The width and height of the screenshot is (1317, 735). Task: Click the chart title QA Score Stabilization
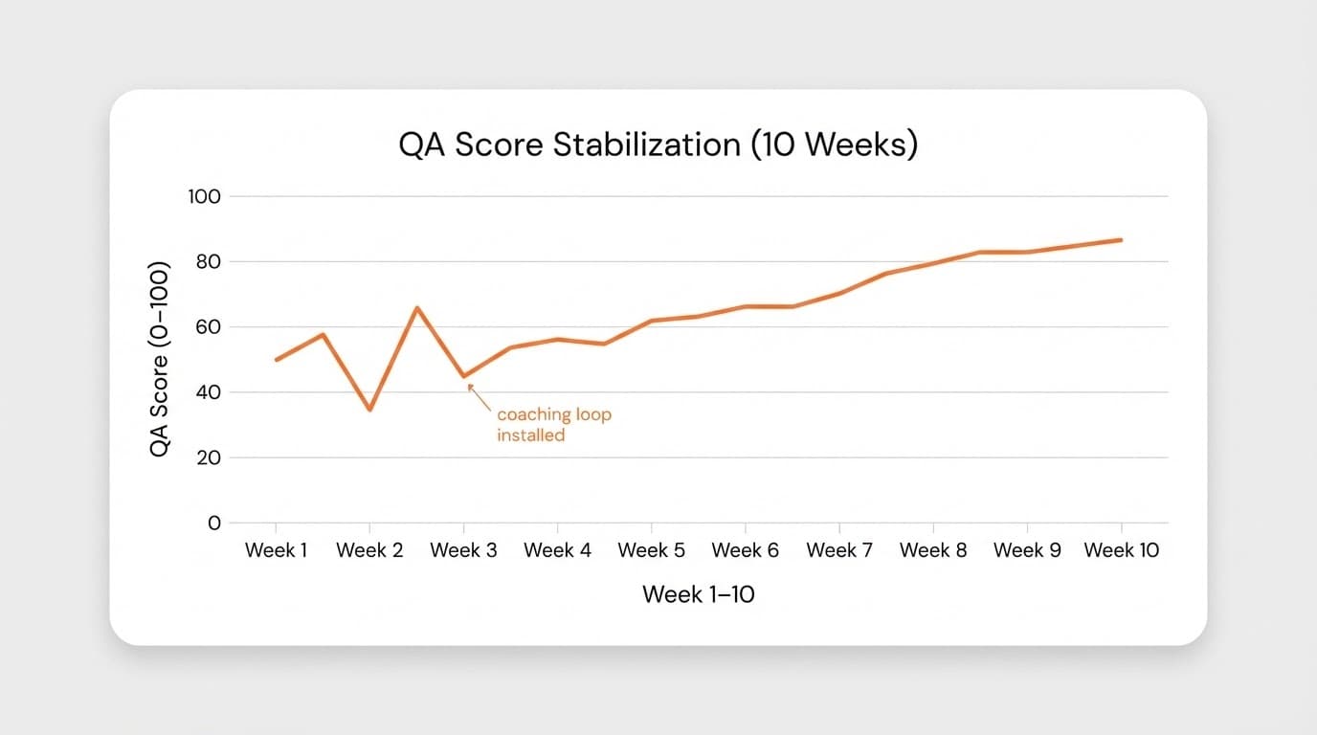658,145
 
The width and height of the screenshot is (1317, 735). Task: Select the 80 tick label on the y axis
207,261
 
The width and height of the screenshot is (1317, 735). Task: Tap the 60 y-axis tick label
207,326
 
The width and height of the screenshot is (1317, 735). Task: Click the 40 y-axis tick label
207,392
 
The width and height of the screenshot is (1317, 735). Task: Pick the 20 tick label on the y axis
207,457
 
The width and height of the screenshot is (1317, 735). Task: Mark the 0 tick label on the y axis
213,523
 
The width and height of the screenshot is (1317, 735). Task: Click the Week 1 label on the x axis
276,550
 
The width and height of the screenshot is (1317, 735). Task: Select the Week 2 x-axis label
369,550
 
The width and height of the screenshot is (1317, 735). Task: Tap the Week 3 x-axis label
463,550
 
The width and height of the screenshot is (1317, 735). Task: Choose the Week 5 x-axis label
651,550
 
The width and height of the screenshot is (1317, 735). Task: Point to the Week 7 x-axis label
839,550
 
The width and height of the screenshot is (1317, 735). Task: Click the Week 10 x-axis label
1121,550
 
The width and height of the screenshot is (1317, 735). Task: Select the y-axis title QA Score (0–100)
159,358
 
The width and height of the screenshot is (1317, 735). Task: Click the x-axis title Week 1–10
698,594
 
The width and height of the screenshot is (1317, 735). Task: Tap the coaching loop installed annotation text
553,425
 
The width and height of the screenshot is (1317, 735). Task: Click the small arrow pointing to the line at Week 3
476,393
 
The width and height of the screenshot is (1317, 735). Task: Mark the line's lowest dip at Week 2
369,410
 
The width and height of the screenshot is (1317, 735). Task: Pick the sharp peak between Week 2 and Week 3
416,307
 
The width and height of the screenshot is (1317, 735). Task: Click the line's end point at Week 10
1121,240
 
